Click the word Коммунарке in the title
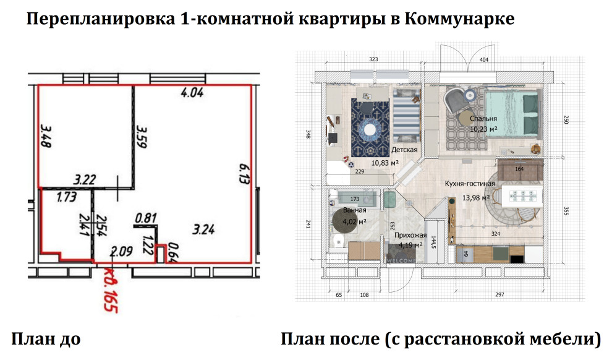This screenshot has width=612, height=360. coord(460,19)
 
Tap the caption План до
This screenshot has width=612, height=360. coord(46,339)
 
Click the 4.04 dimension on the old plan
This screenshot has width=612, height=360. coord(192,95)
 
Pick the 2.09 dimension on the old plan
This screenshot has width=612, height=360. coord(121,251)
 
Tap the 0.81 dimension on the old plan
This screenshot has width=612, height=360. coord(146,218)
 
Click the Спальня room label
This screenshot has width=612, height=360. coord(483,119)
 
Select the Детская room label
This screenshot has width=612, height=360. coord(404,150)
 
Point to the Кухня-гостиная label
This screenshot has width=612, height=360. coord(470,184)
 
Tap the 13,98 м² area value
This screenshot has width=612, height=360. coord(476,197)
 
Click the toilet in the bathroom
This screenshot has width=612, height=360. coord(337,241)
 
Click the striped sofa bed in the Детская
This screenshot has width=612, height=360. coord(406,118)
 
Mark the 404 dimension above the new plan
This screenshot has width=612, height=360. coord(484,60)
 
